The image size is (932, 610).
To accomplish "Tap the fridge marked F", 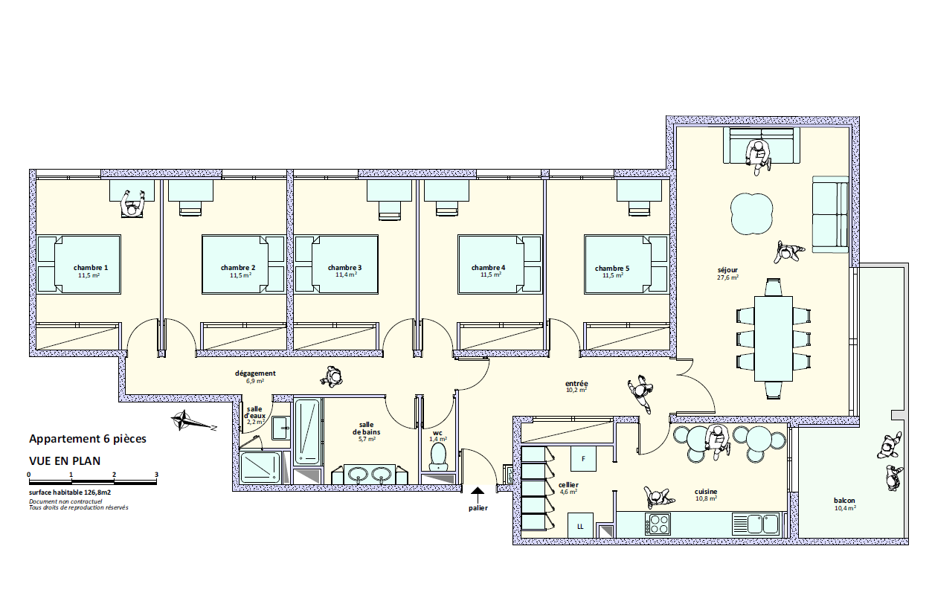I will point(584,458).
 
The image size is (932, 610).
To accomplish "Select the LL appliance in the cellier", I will point(580,526).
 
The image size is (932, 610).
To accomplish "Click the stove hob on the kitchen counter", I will point(659,524).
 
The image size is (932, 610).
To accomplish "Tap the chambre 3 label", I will point(345,267).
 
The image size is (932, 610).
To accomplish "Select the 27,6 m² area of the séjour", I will point(727,277).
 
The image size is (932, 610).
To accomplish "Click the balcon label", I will point(844,501).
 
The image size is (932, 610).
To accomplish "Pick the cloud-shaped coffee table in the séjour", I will point(750,213).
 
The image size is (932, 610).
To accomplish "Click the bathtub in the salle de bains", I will point(307,431).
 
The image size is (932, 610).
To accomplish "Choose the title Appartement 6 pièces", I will point(88,439).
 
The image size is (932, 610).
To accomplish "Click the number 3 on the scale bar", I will point(156,474).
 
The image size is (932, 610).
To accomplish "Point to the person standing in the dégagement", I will point(333,377).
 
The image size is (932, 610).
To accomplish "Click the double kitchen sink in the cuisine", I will point(755,524).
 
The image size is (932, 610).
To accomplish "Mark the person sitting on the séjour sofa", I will point(758,155).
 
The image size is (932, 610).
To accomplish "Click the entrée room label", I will point(576,383).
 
